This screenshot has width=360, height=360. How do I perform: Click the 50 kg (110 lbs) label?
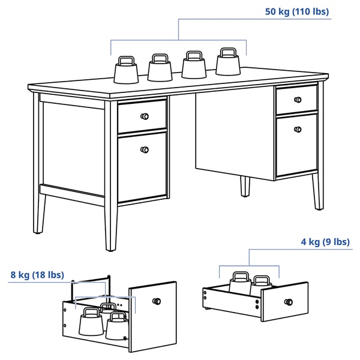297,11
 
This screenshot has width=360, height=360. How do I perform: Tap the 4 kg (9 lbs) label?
325,242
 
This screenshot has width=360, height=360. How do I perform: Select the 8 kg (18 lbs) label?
37,275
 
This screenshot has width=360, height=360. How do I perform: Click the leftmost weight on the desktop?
126,70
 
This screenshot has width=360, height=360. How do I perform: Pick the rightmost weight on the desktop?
228,62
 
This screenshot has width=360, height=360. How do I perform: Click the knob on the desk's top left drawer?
145,116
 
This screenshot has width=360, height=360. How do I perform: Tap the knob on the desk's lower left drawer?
145,150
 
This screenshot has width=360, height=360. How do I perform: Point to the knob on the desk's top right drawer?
298,100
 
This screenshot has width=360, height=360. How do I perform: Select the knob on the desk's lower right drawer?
298,130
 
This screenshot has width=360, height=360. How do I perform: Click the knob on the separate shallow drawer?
289,302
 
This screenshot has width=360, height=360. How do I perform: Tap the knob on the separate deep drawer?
157,301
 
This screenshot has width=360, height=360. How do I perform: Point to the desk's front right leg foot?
319,208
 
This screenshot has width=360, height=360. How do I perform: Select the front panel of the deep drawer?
152,317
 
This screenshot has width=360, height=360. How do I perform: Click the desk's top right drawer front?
297,100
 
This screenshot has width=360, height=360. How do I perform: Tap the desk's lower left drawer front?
142,167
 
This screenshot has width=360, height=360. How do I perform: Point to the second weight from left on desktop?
160,67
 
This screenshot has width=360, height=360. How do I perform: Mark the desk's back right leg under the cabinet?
245,187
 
